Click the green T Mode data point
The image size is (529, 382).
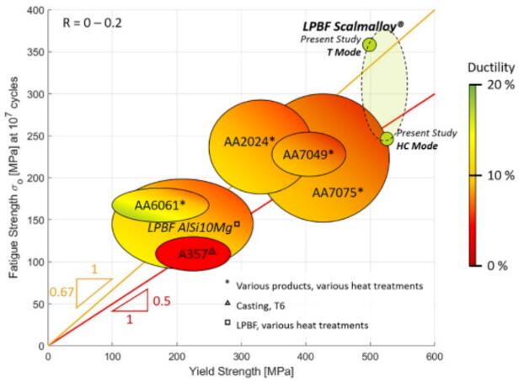coord(370,44)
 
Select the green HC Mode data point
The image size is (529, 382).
coord(387,139)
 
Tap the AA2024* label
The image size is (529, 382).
coord(249,141)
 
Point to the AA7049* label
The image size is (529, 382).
coord(307,154)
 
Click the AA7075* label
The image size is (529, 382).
coord(338,192)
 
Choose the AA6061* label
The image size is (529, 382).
coord(160,204)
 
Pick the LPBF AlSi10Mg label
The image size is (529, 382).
coord(190,226)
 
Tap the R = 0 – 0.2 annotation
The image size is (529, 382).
coord(93,23)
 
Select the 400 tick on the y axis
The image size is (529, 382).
coord(34,11)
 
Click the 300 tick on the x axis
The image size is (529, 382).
coord(241,356)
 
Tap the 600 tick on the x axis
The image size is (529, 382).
coord(434,356)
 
